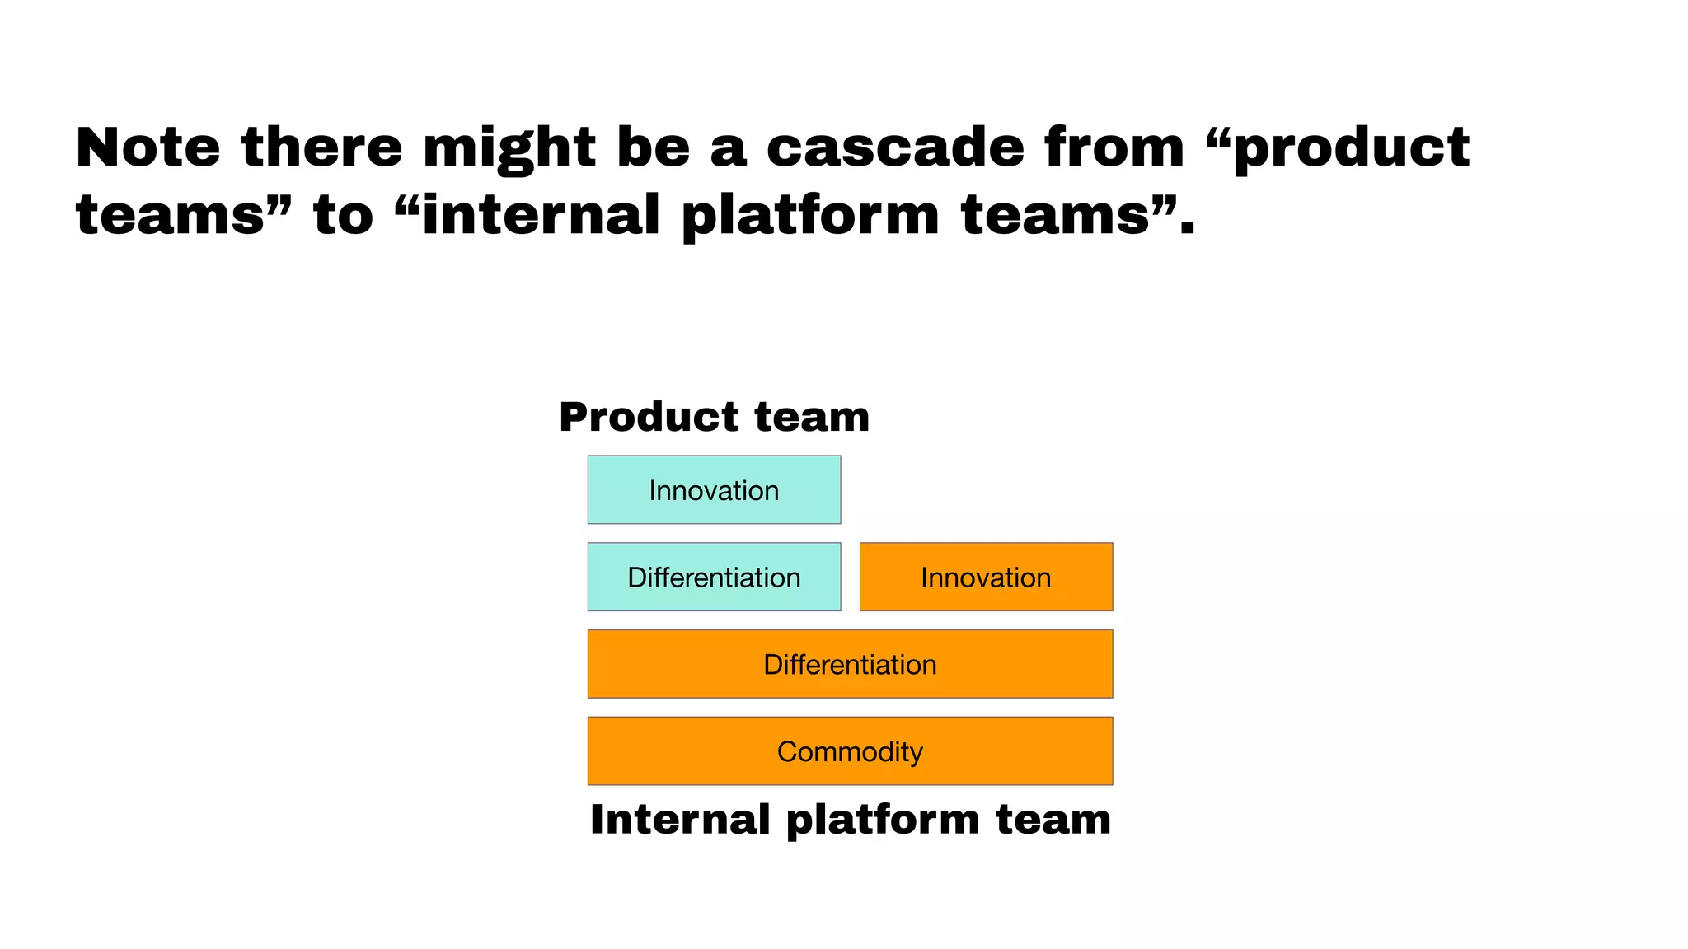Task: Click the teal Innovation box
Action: [x=714, y=489]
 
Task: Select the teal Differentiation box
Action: [x=714, y=577]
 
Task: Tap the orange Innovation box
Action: [x=986, y=577]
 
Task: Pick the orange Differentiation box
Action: [x=850, y=664]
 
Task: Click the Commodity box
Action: [x=850, y=750]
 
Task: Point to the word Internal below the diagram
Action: [x=680, y=820]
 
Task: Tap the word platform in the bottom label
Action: [x=881, y=821]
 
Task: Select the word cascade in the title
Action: [x=896, y=148]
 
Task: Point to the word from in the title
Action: [x=1114, y=148]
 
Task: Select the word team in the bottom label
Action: [x=1053, y=820]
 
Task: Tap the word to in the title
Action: [x=344, y=216]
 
